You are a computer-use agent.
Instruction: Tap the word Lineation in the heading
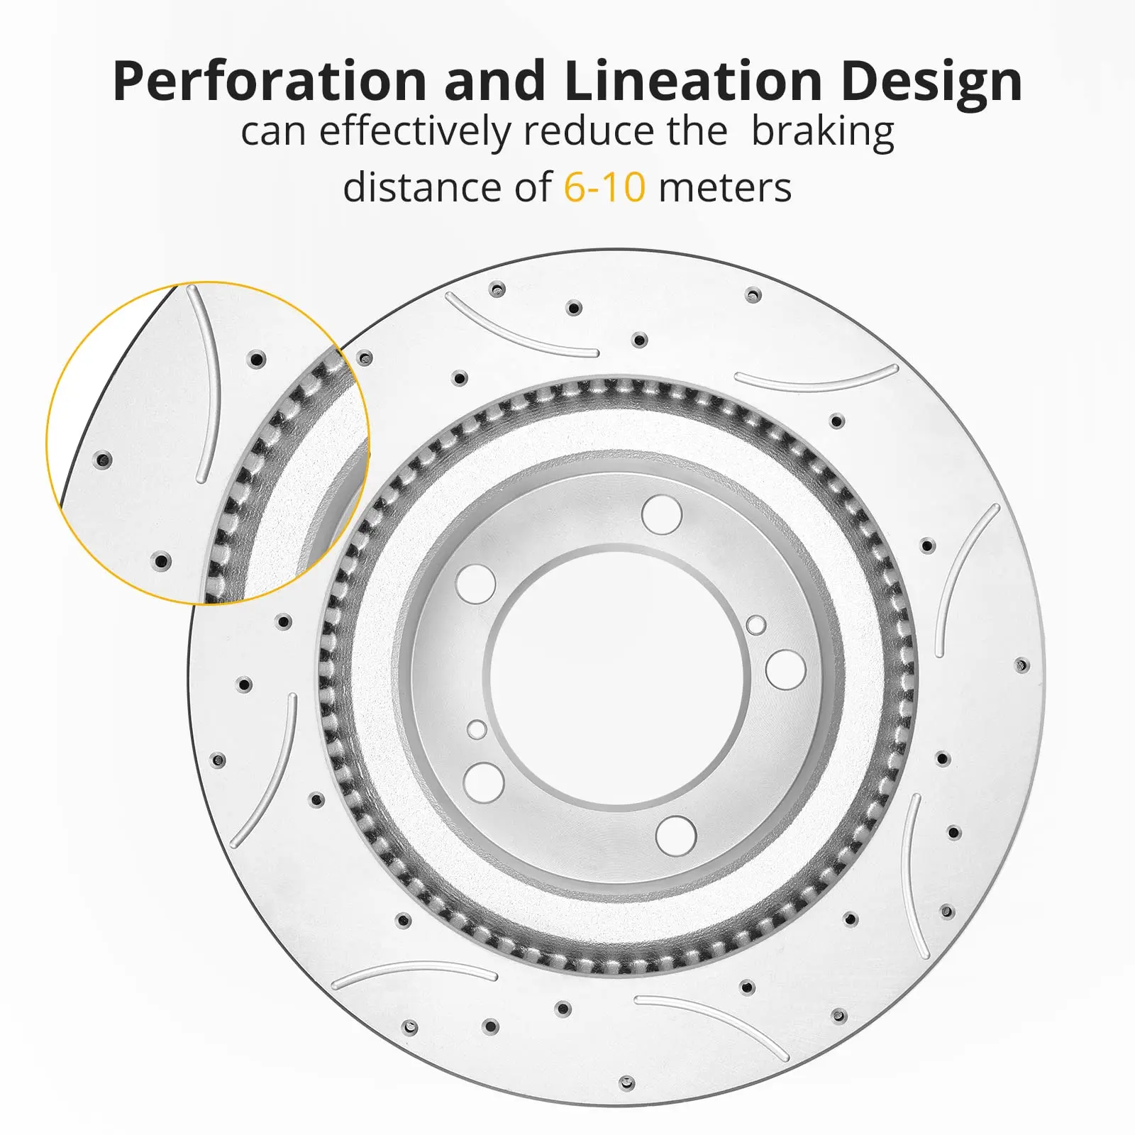(694, 80)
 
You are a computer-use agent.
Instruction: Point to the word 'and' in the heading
(495, 80)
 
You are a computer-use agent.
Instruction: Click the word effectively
(414, 132)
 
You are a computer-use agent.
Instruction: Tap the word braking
(822, 133)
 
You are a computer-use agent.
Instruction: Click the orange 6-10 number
(604, 188)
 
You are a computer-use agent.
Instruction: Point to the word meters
(725, 189)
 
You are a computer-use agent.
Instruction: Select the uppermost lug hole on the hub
(662, 514)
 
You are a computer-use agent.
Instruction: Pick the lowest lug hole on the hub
(676, 835)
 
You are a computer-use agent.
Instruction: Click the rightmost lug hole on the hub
(785, 669)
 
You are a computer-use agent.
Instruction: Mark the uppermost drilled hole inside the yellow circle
(258, 359)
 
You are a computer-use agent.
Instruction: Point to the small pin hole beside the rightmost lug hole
(756, 625)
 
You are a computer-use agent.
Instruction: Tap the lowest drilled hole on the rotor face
(626, 1083)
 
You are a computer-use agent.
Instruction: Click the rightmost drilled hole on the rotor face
(1021, 665)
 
